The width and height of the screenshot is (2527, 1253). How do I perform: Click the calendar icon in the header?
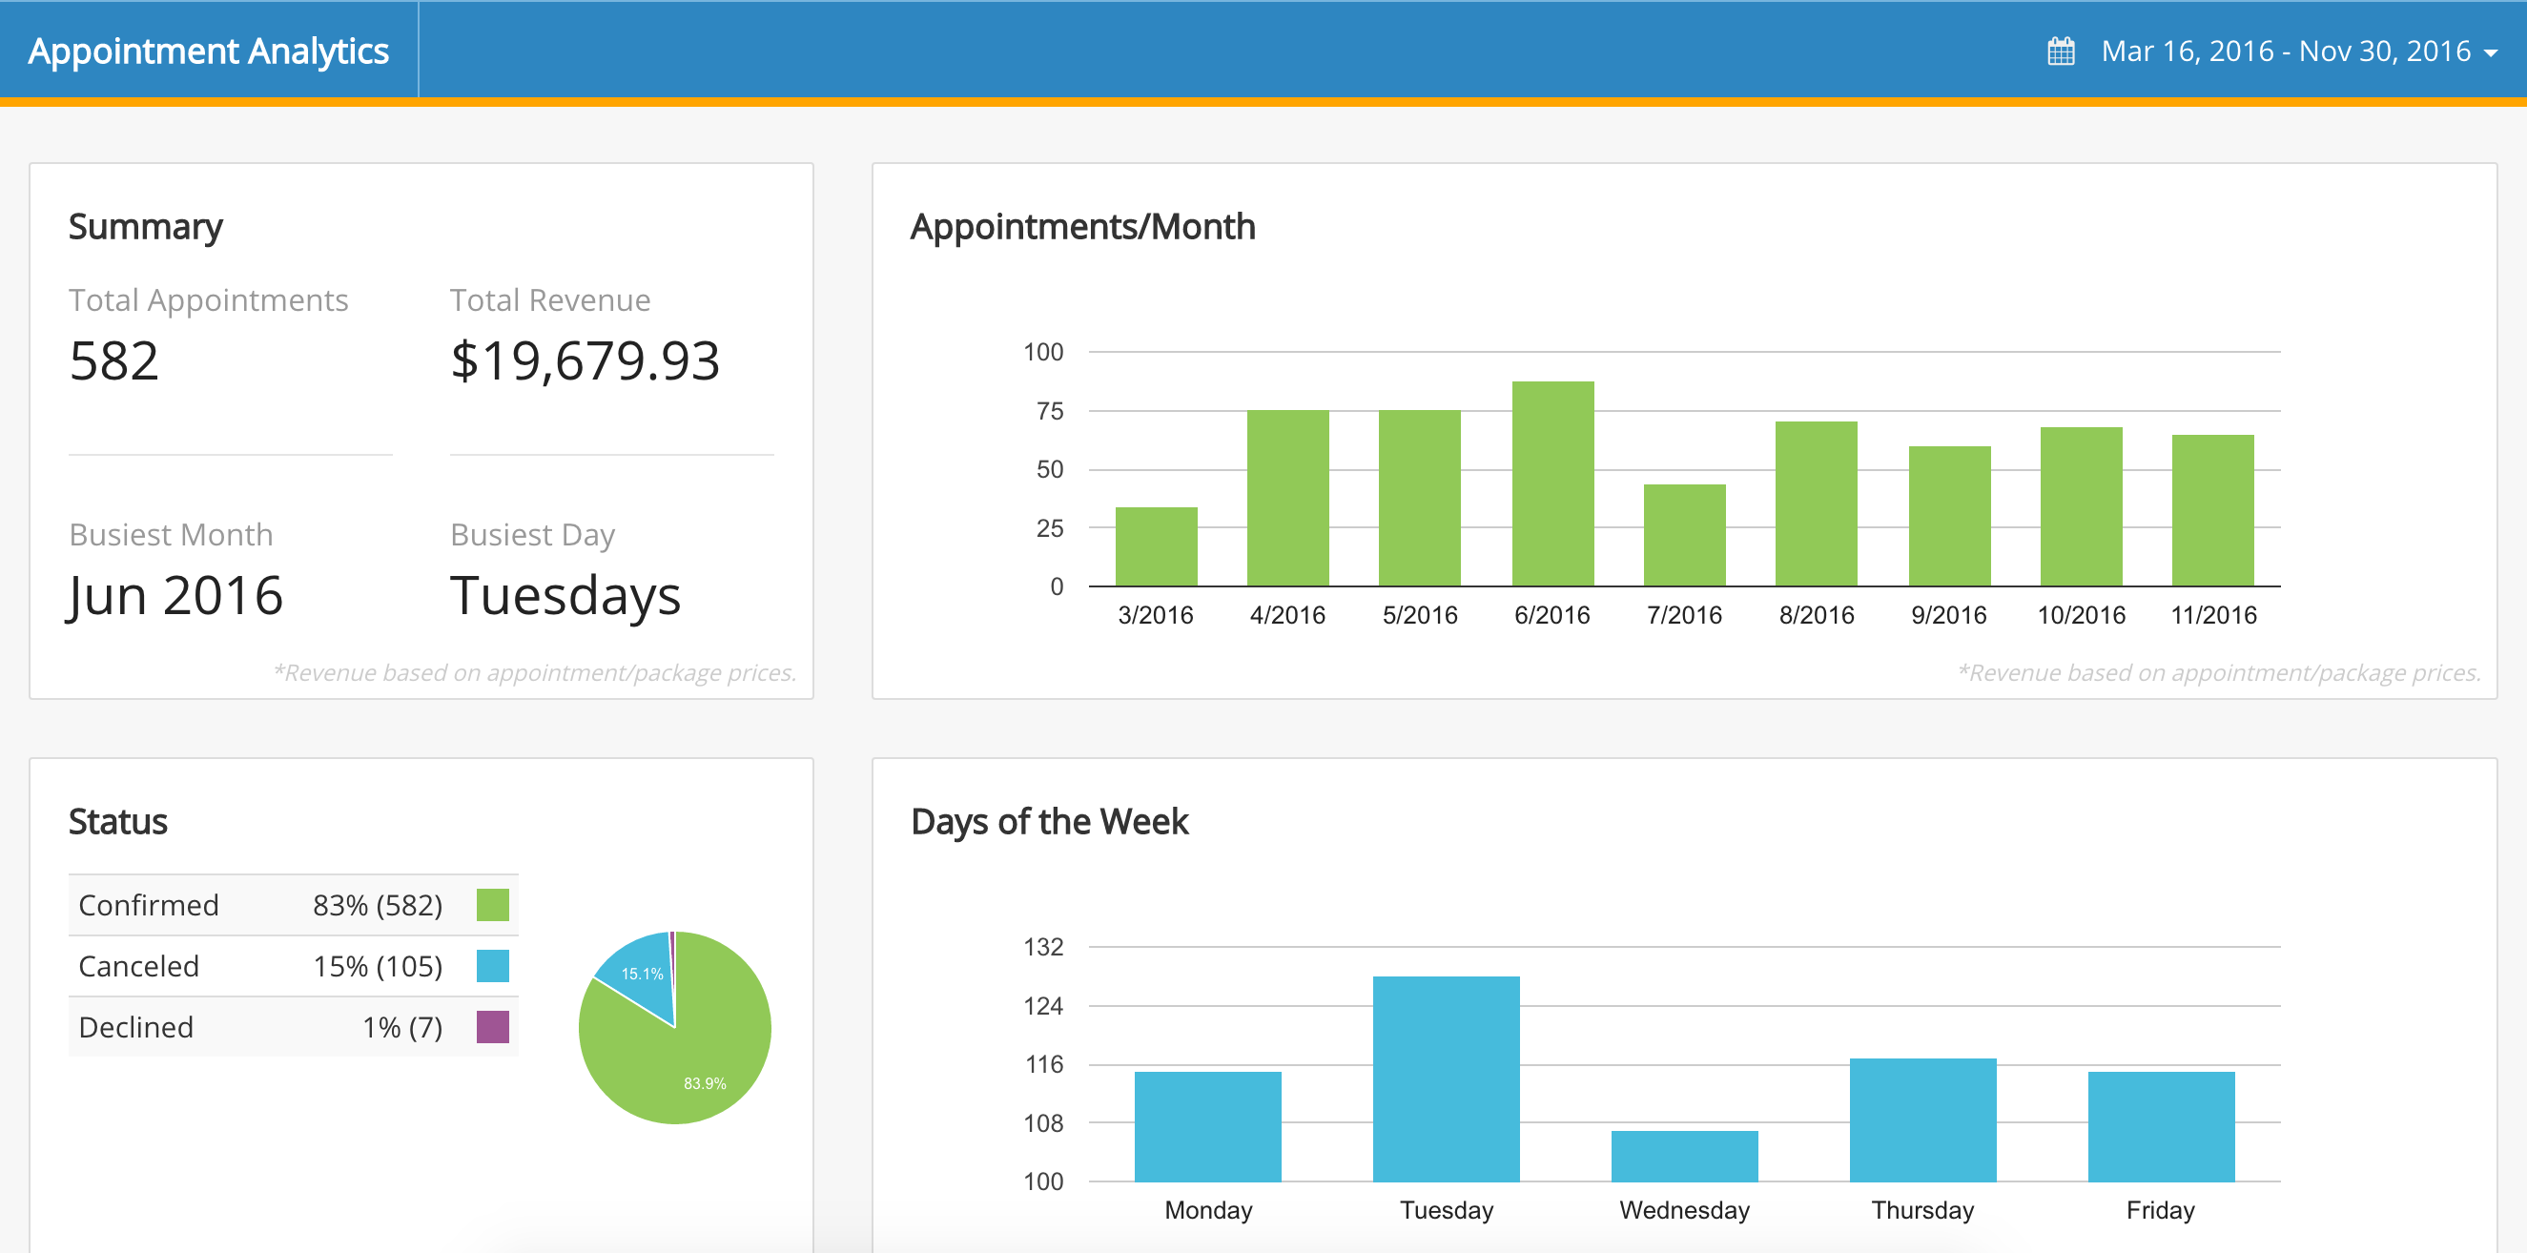[2061, 51]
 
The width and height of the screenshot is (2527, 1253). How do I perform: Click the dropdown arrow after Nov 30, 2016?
[2491, 53]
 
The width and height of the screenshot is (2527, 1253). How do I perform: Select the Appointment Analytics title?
[208, 51]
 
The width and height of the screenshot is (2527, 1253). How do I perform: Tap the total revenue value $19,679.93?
[585, 360]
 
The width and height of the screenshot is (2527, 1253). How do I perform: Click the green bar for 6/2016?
[1551, 483]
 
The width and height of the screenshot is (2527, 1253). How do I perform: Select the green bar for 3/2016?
[1156, 545]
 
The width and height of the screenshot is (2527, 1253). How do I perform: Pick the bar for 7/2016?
[1684, 535]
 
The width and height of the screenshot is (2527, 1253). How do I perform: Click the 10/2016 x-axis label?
[2081, 615]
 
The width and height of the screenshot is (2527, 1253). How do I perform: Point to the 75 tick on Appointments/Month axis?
[1049, 411]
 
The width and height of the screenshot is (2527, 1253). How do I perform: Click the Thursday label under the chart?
[1921, 1210]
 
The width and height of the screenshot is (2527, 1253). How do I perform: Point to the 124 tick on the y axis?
[1043, 1006]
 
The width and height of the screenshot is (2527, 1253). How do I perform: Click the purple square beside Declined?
[492, 1026]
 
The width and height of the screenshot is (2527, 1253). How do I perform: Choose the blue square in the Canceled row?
[492, 966]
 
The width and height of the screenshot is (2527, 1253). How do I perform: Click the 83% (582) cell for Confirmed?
[378, 905]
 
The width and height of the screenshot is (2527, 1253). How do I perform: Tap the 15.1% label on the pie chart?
[642, 974]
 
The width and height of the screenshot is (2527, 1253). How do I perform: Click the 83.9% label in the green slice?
[705, 1083]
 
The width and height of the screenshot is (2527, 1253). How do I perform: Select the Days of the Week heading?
[1049, 821]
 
